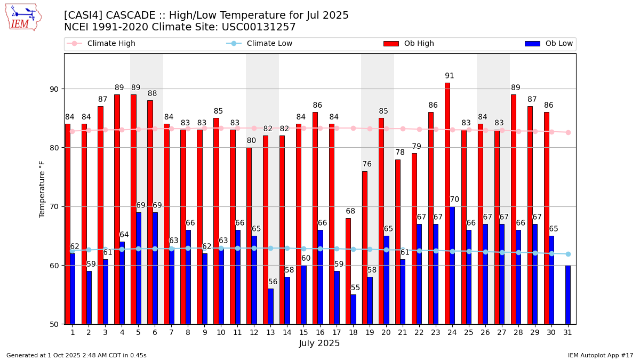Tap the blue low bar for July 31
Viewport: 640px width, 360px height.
click(x=568, y=294)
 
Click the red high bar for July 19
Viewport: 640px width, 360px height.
click(x=364, y=247)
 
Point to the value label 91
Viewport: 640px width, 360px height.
click(x=450, y=76)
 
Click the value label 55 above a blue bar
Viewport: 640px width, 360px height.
click(x=355, y=288)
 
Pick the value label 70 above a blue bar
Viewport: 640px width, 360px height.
click(x=454, y=200)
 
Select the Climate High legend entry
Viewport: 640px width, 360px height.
click(x=111, y=44)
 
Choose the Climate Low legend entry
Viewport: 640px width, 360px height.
click(x=269, y=44)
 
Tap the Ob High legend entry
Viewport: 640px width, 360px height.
click(x=419, y=44)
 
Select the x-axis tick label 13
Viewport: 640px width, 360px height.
click(x=270, y=332)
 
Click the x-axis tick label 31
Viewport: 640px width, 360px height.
click(x=567, y=332)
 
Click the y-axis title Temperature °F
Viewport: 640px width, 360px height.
click(x=42, y=189)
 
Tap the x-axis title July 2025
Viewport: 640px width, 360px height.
click(x=319, y=343)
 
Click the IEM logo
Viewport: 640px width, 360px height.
click(x=23, y=17)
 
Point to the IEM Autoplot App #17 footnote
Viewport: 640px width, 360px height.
click(x=601, y=355)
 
